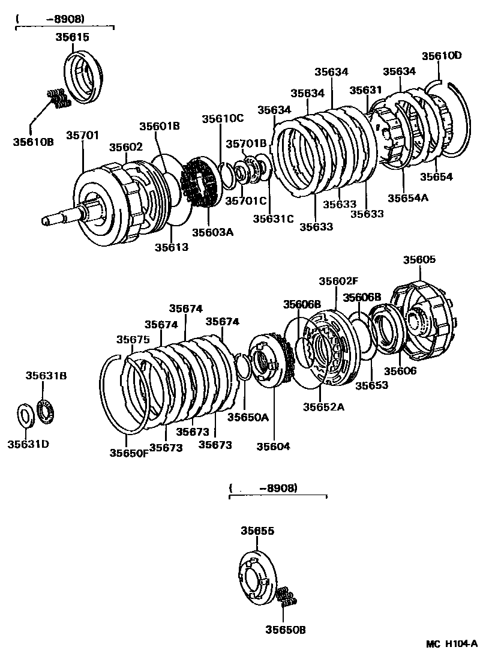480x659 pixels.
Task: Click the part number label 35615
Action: (x=73, y=37)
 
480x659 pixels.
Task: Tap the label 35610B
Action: (x=34, y=142)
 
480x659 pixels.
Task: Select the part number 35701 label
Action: (x=82, y=136)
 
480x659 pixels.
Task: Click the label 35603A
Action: (x=212, y=232)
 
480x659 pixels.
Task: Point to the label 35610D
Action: (x=441, y=56)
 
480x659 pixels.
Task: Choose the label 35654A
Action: (x=409, y=197)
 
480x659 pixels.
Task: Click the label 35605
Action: (x=419, y=260)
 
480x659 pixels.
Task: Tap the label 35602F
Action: (x=338, y=281)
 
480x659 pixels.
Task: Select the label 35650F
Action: (x=128, y=453)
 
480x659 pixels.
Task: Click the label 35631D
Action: (x=28, y=444)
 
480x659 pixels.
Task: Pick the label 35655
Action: (x=257, y=531)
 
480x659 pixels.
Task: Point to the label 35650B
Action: (x=286, y=630)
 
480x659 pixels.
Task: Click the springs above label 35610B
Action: (x=59, y=98)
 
